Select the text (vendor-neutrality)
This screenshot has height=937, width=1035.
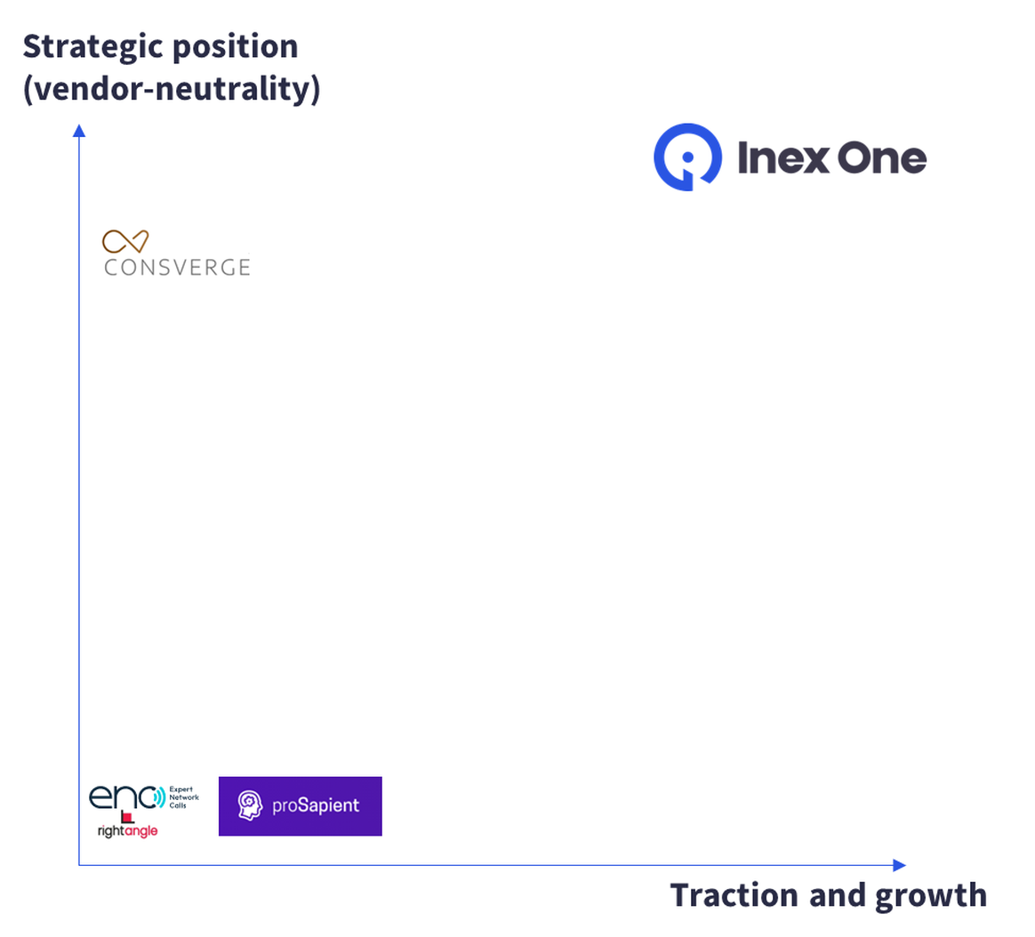click(x=172, y=90)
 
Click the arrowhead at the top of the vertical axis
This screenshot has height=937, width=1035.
click(x=79, y=130)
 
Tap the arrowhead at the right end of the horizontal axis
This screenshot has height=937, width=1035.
click(x=899, y=865)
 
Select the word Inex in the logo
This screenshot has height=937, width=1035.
click(x=782, y=158)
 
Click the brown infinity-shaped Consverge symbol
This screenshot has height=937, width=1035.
click(x=125, y=241)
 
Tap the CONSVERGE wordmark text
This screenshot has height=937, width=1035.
click(x=177, y=268)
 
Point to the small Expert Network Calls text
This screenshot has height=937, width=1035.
click(x=184, y=797)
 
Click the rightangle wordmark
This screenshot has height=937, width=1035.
click(x=127, y=830)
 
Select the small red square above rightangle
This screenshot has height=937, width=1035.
click(x=127, y=817)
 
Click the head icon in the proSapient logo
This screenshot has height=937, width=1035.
click(x=250, y=805)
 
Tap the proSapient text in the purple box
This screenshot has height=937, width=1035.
click(x=316, y=805)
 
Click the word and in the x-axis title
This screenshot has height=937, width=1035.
click(x=838, y=896)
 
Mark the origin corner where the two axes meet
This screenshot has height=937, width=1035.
click(x=79, y=865)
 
